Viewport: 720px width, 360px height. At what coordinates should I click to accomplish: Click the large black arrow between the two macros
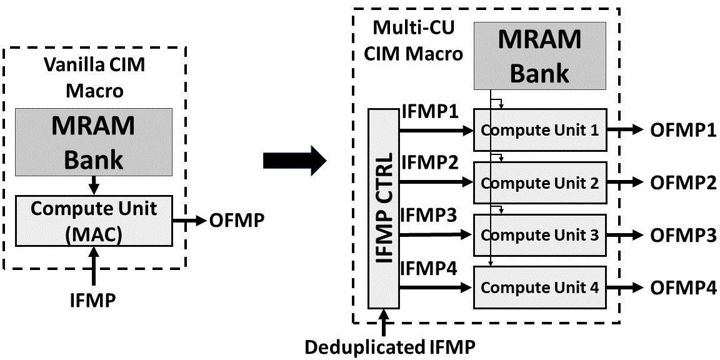click(x=294, y=161)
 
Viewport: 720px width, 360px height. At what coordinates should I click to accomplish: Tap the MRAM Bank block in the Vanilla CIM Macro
click(x=94, y=142)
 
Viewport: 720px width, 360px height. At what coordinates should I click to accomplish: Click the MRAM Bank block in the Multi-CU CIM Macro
click(x=540, y=56)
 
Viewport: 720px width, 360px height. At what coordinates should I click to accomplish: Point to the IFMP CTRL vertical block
click(x=384, y=208)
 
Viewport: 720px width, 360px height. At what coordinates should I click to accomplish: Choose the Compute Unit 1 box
click(x=540, y=131)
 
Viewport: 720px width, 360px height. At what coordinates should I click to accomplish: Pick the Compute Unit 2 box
click(x=540, y=182)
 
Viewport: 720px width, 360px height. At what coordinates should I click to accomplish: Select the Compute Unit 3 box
click(x=540, y=235)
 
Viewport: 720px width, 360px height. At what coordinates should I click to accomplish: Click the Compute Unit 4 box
click(x=540, y=287)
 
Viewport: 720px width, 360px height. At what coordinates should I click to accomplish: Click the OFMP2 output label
click(x=682, y=182)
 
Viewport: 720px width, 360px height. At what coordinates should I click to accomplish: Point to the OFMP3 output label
click(x=682, y=235)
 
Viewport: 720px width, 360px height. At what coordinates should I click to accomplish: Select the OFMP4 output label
click(x=682, y=287)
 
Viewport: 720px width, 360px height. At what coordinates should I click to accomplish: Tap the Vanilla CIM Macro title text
click(x=94, y=77)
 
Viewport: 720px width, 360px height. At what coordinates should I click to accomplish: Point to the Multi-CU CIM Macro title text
click(x=414, y=41)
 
